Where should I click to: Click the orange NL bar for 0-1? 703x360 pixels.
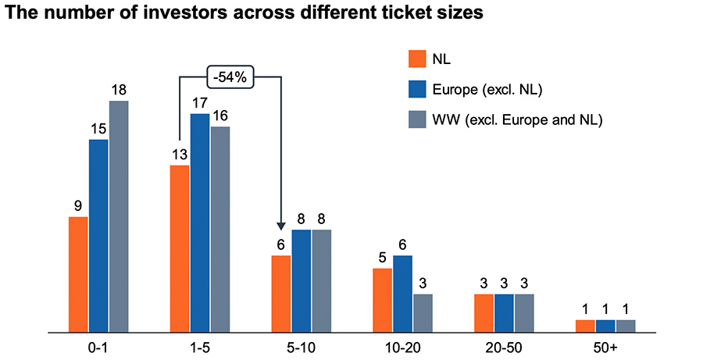[78, 274]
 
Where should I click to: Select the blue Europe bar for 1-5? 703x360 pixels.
[200, 223]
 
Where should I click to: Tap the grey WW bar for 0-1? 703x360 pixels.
[119, 216]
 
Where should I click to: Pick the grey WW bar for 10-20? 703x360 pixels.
[423, 312]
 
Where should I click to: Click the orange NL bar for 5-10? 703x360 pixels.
[281, 294]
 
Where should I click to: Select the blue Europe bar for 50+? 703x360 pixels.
[605, 326]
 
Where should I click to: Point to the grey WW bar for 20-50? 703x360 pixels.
[524, 312]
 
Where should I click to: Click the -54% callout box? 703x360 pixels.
[231, 77]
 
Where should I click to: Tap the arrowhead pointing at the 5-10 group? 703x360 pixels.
[281, 225]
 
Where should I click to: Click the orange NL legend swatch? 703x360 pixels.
[418, 60]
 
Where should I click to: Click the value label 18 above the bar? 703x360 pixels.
[119, 90]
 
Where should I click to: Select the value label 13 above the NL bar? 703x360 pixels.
[179, 155]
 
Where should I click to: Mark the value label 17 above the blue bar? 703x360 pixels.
[200, 102]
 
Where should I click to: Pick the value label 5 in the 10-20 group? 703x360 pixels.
[382, 258]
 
